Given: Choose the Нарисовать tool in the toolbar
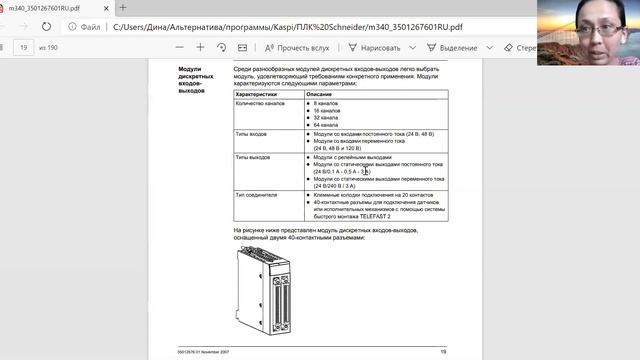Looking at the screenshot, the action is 380,47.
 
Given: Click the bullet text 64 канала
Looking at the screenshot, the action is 326,124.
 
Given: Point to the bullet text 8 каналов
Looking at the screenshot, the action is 326,103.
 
